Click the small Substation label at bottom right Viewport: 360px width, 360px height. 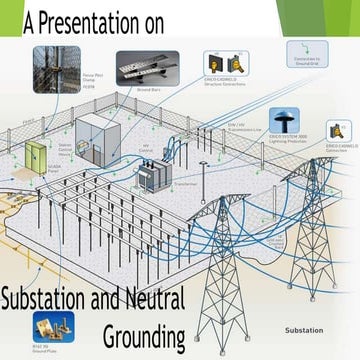pyautogui.click(x=303, y=329)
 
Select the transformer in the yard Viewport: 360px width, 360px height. pyautogui.click(x=153, y=177)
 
